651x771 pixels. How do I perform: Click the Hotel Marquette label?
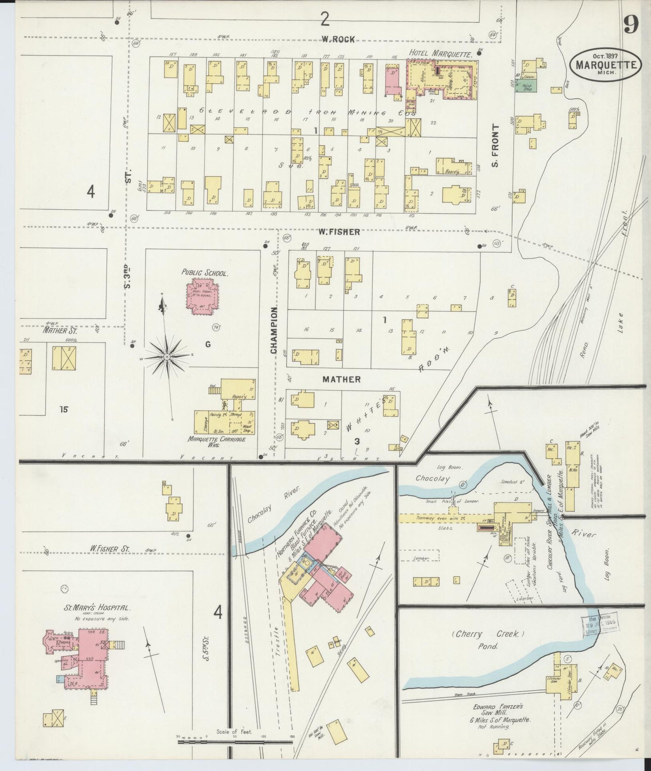tap(440, 54)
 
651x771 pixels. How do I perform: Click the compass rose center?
tap(167, 357)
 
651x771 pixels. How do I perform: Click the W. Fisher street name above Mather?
tap(339, 232)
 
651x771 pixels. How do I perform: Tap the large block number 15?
tap(63, 410)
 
